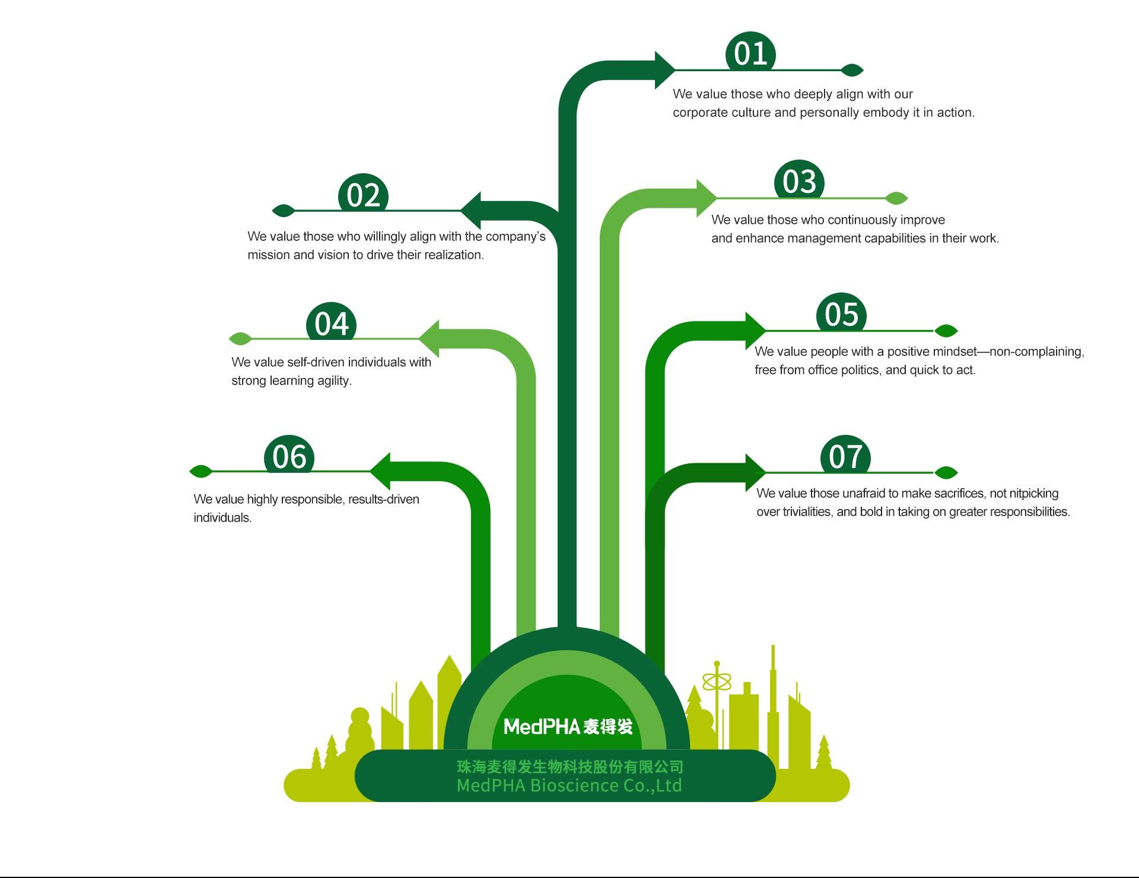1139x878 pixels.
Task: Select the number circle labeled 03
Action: [799, 180]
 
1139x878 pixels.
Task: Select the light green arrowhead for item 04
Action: [430, 338]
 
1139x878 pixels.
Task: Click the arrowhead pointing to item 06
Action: [381, 471]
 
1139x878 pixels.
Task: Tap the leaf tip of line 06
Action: [201, 472]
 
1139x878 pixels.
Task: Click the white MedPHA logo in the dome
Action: [568, 726]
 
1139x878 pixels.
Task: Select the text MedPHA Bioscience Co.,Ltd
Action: [569, 785]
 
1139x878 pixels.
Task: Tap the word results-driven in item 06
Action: [383, 500]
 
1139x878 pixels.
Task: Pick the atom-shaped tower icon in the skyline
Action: [717, 682]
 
